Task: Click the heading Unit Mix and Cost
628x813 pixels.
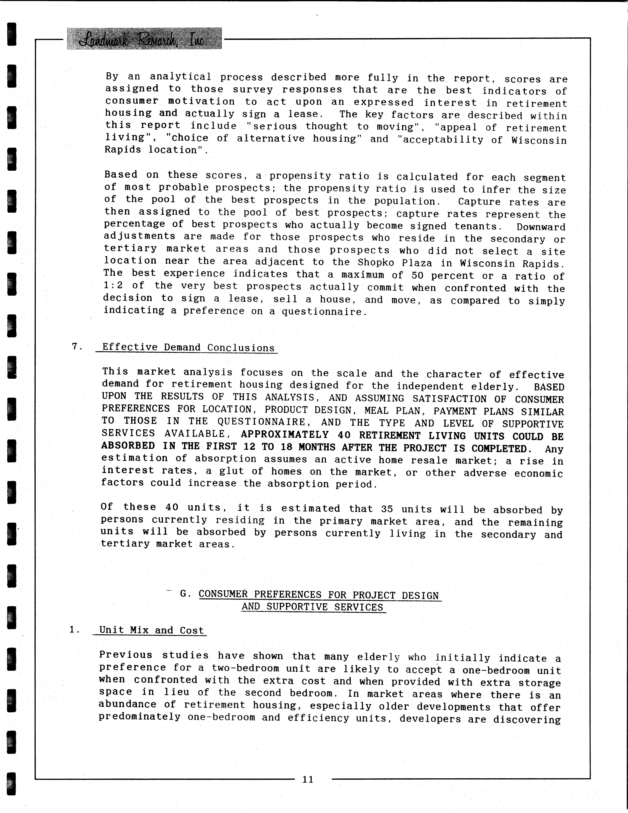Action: point(152,630)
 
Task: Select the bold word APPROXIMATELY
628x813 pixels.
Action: point(284,435)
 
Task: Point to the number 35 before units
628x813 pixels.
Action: point(387,508)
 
